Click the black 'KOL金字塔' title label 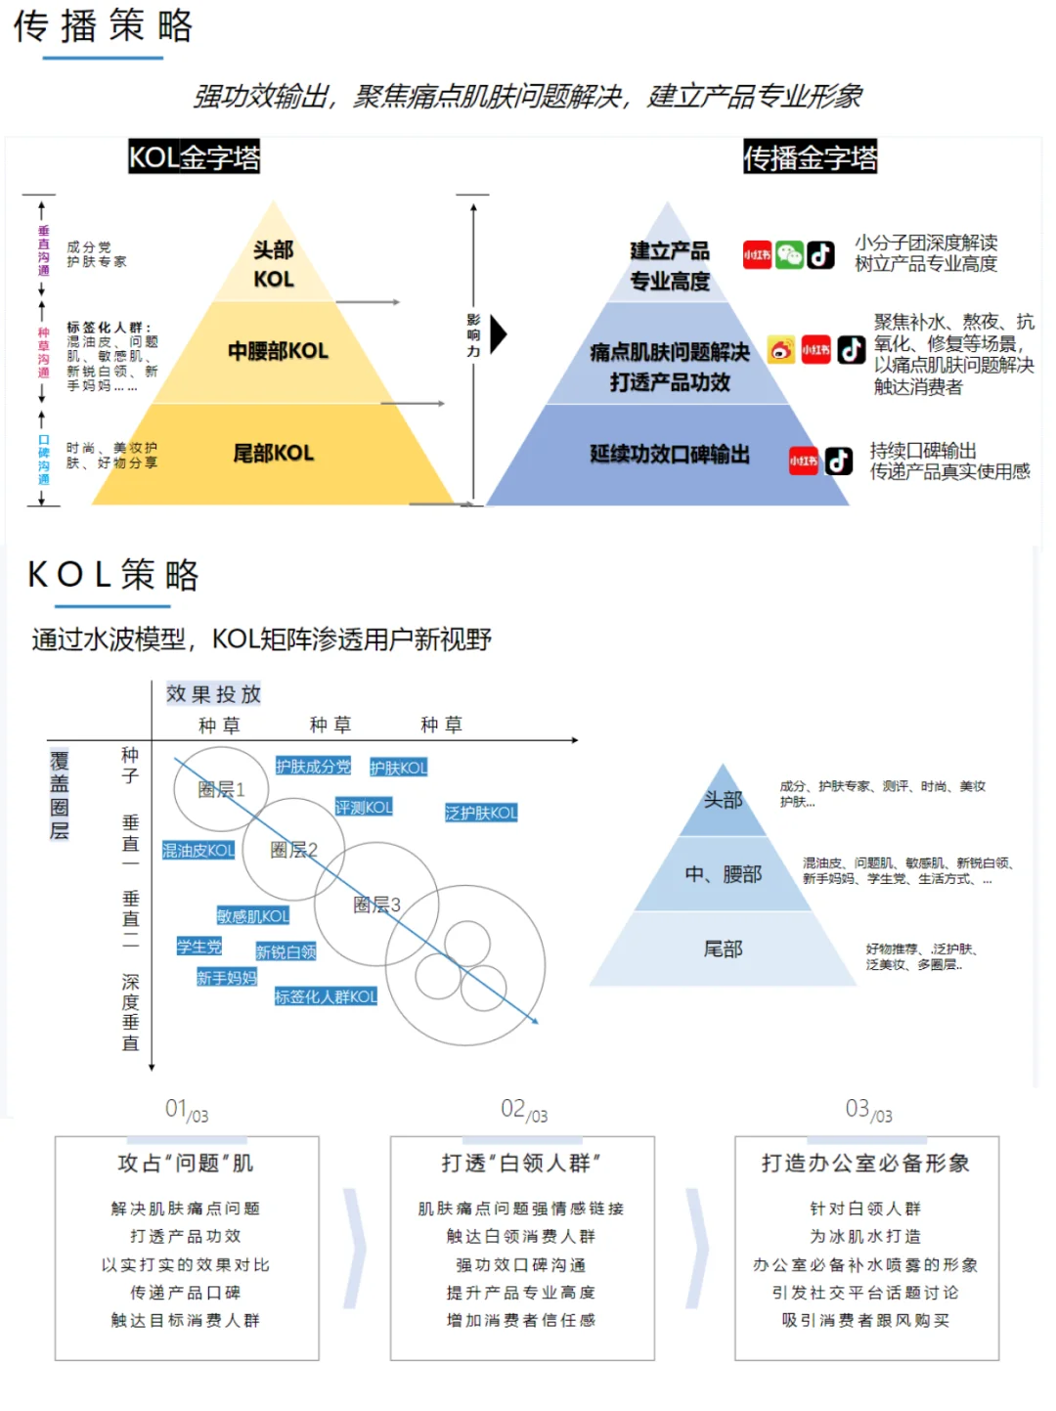coord(194,157)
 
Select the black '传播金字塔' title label coord(810,157)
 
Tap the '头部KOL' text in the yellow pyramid coord(274,264)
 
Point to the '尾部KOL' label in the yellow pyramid coord(274,453)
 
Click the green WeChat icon coord(789,255)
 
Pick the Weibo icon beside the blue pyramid coord(781,349)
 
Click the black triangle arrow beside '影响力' coord(498,333)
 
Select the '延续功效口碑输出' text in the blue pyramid coord(670,454)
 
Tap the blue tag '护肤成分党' coord(313,767)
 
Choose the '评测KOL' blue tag coord(364,807)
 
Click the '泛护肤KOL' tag coord(481,813)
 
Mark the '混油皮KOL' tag coord(198,851)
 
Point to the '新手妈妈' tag coord(227,977)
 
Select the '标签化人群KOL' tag coord(326,996)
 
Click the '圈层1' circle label coord(221,789)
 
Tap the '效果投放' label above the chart coord(213,694)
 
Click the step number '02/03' coord(523,1110)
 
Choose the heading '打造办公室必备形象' coord(865,1163)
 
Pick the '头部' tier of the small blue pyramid coord(724,800)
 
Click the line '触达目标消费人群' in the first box coord(186,1320)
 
